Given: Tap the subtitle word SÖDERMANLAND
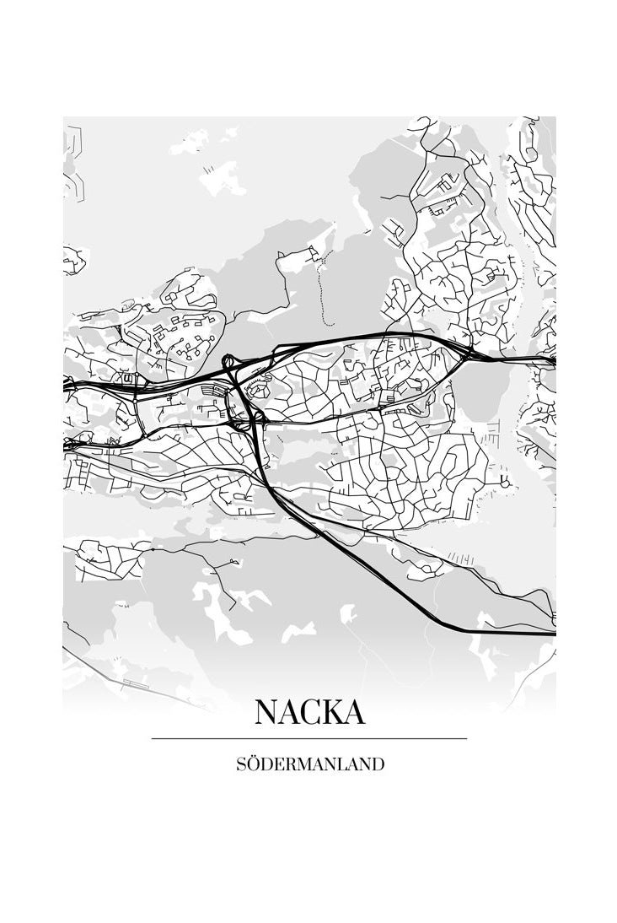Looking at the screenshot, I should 309,765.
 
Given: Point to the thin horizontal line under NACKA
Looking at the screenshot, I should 309,739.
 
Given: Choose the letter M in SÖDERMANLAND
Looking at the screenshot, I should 307,765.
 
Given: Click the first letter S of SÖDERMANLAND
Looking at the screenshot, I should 242,765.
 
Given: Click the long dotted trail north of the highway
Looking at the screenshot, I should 322,287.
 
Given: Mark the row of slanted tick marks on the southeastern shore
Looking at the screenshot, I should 460,557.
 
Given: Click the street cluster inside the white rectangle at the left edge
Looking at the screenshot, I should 110,560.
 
